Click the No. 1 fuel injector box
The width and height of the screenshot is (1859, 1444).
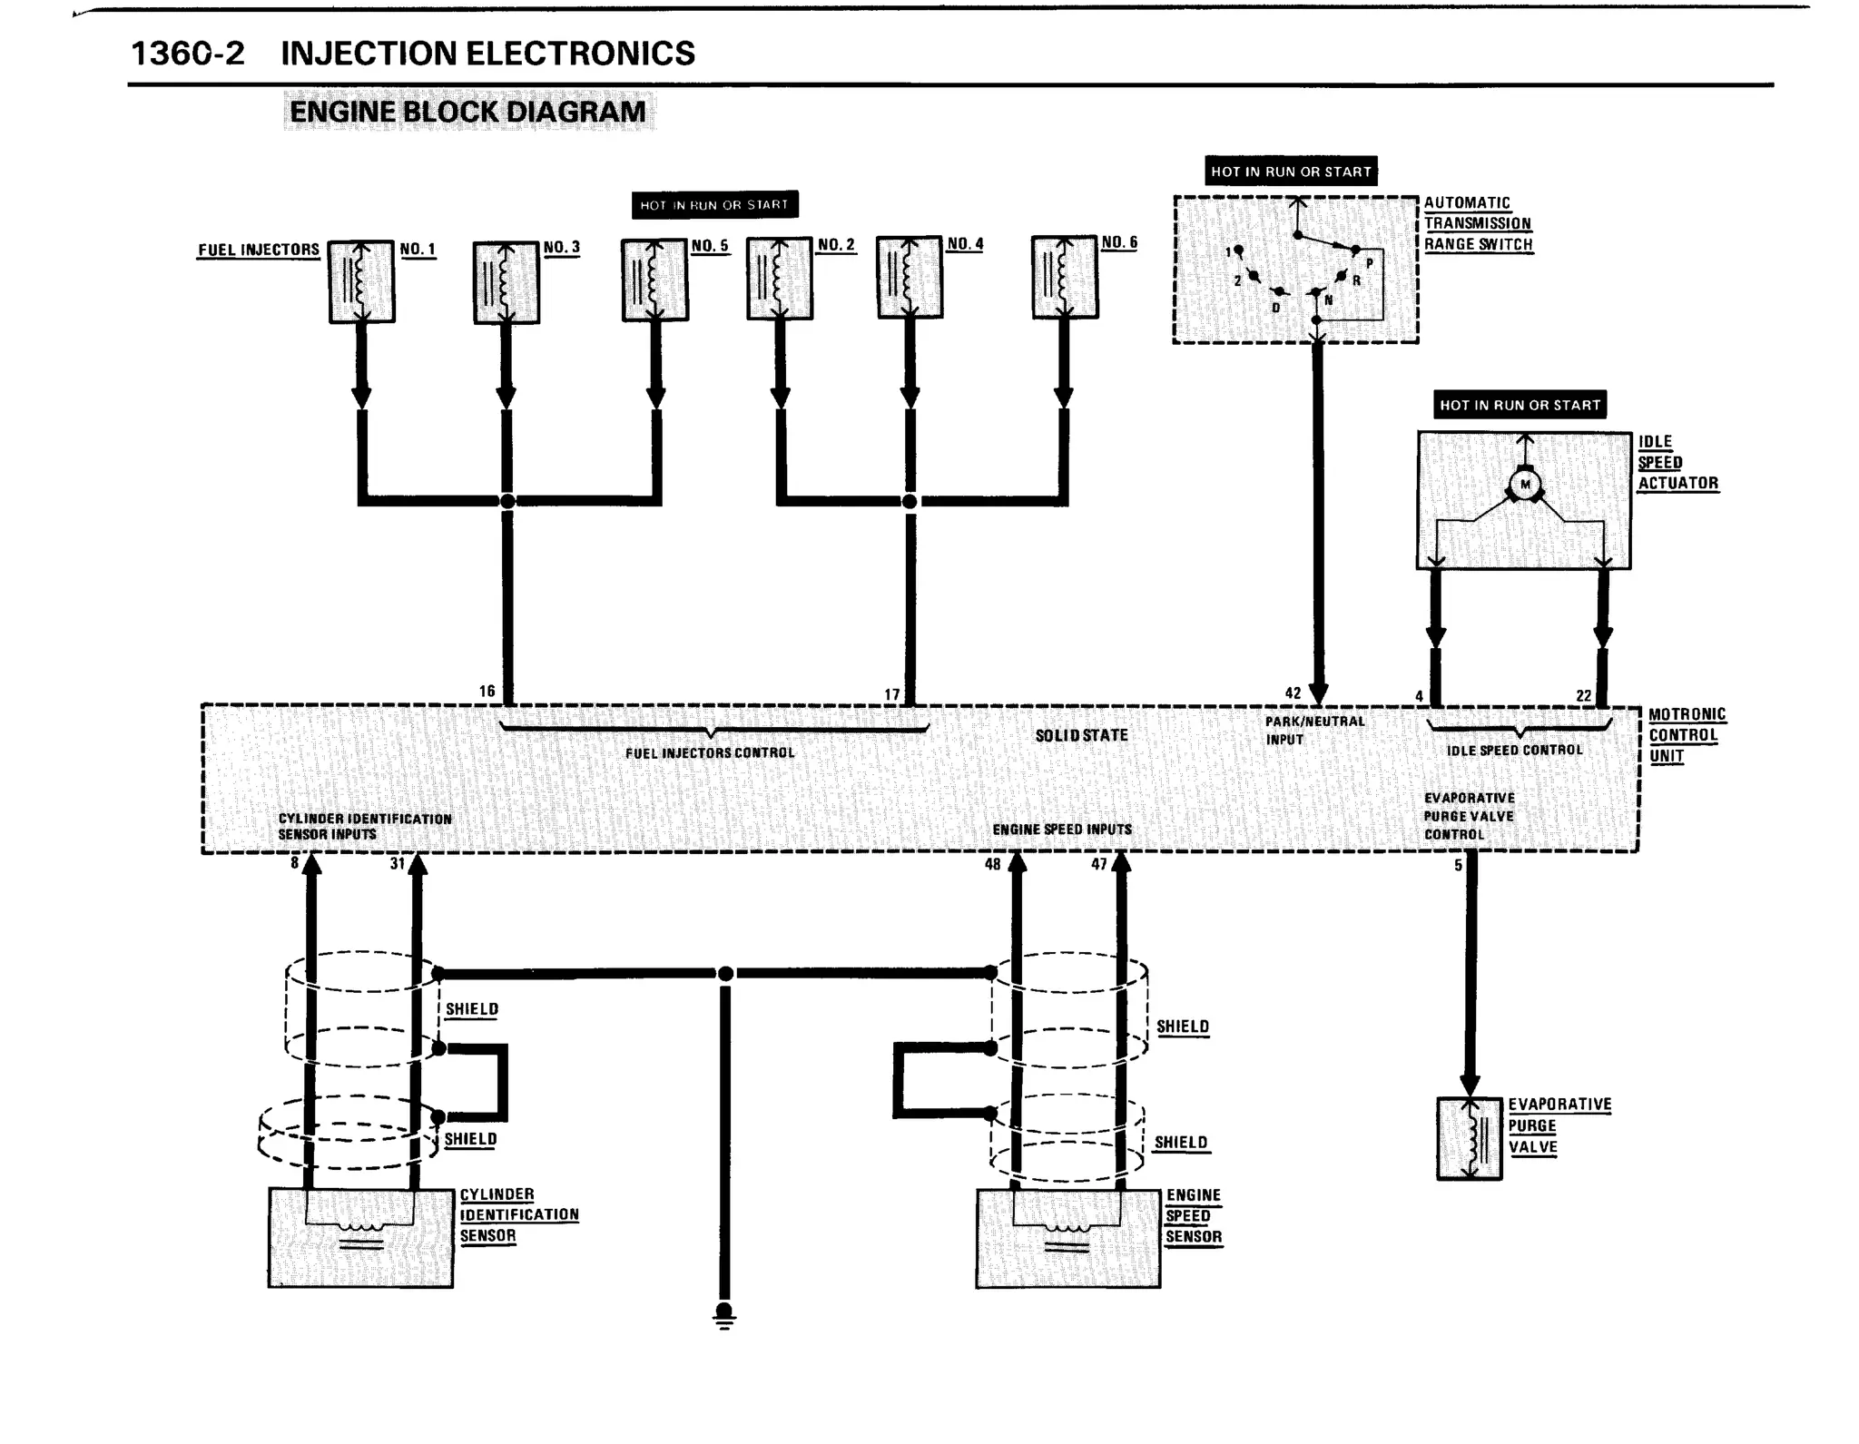point(361,281)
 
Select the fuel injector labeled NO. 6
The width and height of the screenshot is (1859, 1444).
point(1065,278)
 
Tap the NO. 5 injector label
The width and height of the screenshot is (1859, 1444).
point(710,246)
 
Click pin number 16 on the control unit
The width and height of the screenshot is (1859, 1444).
point(487,692)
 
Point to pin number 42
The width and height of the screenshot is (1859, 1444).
point(1293,693)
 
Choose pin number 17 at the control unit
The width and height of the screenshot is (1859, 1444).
point(892,694)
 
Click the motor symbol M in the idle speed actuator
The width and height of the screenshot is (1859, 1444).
point(1525,484)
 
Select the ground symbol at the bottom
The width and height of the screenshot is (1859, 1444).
point(723,1315)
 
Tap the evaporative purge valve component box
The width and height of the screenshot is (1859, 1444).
point(1469,1138)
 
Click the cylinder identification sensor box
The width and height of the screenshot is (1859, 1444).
point(360,1237)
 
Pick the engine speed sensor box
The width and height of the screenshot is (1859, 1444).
point(1067,1238)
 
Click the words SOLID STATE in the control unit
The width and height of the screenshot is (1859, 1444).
point(1081,735)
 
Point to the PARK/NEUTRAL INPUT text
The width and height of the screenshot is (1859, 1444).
point(1314,730)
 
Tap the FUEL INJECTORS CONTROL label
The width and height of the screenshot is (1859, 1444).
point(709,752)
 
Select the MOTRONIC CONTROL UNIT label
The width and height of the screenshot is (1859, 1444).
point(1686,735)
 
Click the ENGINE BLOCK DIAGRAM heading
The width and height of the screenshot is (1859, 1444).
point(467,112)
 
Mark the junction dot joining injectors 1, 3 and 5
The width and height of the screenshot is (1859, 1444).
point(507,501)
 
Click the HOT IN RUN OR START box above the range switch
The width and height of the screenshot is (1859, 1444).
point(1290,172)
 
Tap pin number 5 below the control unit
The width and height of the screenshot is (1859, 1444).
point(1458,866)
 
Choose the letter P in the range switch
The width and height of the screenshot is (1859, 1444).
point(1370,264)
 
